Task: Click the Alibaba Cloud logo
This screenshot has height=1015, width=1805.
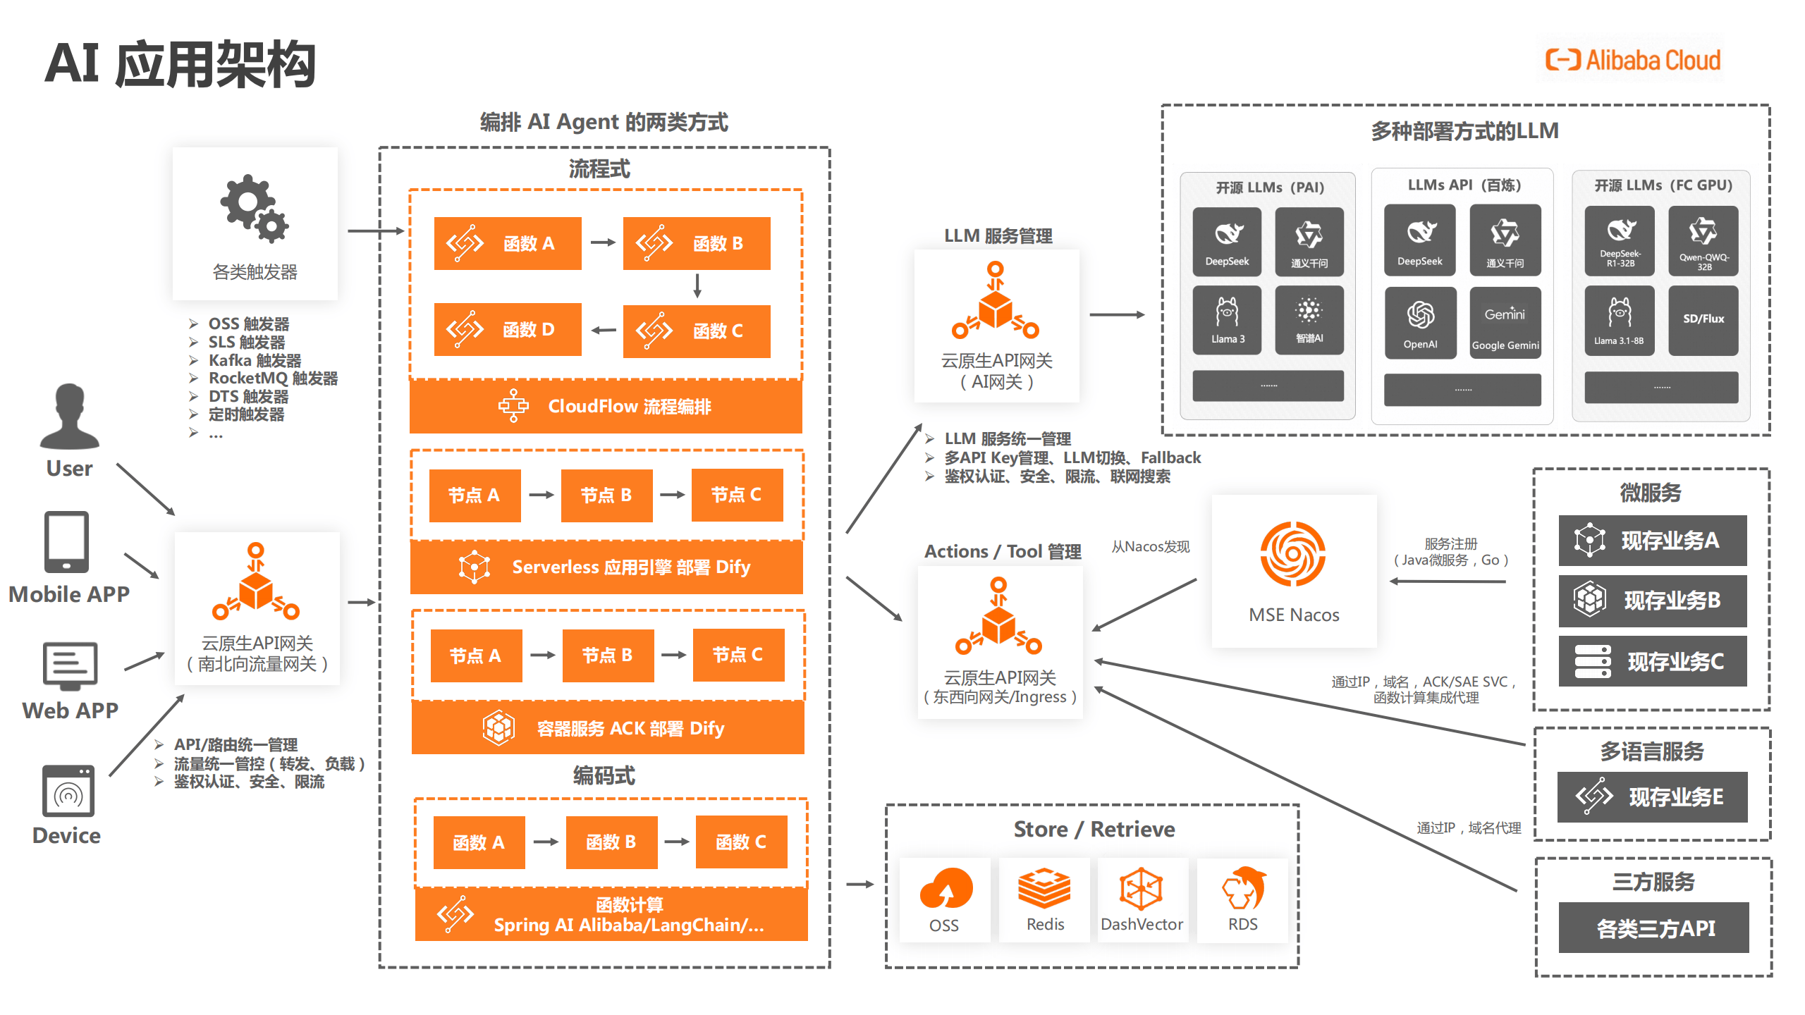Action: coord(1632,60)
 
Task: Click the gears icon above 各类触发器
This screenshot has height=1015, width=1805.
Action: coord(255,209)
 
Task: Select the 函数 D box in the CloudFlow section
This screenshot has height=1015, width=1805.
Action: coord(508,329)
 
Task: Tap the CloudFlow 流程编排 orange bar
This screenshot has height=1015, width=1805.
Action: coord(606,407)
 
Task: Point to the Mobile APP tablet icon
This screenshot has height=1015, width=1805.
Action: coord(66,541)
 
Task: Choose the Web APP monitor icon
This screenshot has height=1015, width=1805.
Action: coord(70,665)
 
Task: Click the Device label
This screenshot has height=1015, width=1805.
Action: coord(66,835)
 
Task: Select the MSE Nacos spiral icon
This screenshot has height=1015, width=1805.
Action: coord(1293,554)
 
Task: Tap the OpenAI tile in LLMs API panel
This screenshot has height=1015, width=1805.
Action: coord(1420,322)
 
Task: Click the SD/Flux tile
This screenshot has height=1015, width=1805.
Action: coord(1703,319)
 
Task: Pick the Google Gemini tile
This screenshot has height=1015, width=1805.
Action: coord(1505,322)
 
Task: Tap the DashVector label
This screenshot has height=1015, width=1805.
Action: coord(1142,924)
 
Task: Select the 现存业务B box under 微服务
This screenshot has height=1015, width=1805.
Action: coord(1652,601)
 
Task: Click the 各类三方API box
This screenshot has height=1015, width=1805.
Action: coord(1653,928)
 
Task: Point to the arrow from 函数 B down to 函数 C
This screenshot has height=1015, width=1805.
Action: coord(697,286)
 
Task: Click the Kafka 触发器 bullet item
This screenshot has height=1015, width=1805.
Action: coord(254,360)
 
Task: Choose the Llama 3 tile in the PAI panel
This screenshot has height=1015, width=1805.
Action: coord(1227,319)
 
